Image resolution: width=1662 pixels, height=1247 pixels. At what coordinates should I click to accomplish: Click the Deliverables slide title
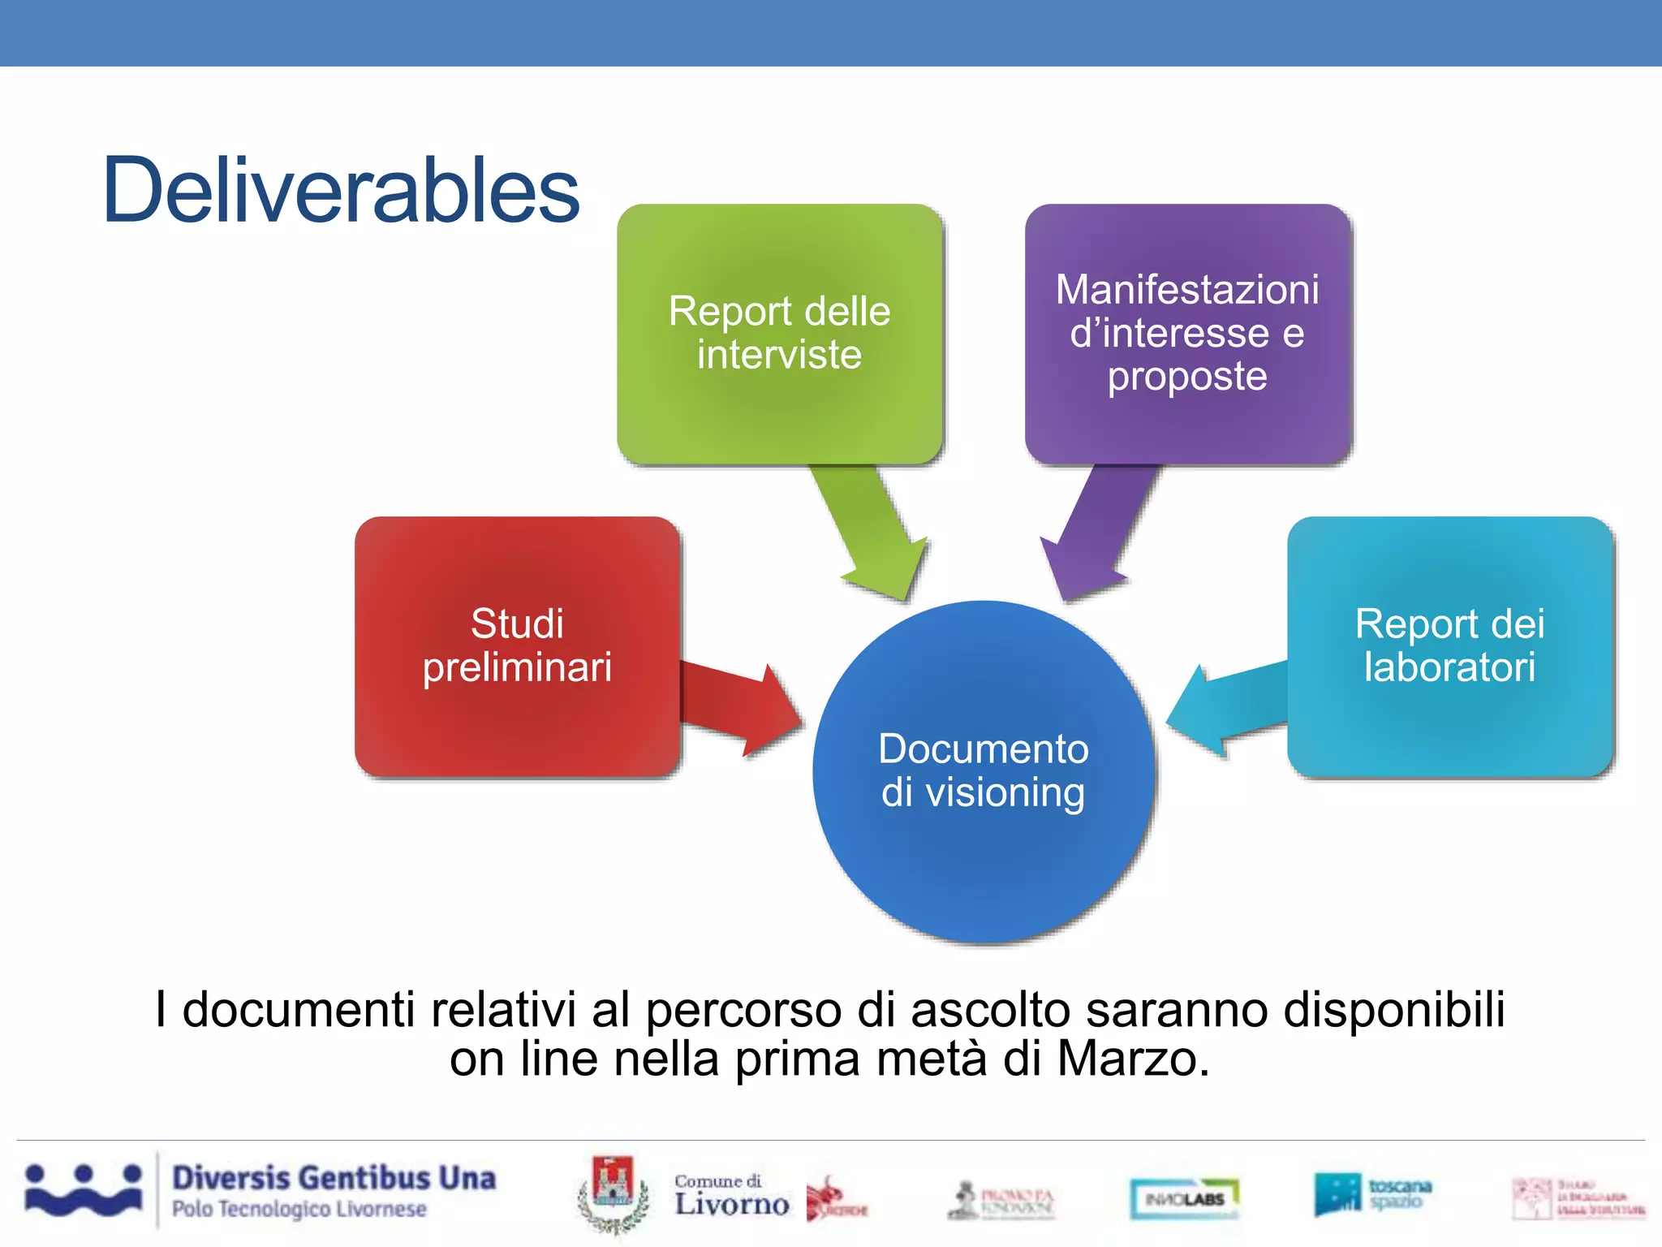pos(341,191)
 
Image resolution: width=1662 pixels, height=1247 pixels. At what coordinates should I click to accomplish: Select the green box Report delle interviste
pos(779,333)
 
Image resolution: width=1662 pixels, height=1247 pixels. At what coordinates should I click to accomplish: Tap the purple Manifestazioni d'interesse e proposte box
pos(1187,333)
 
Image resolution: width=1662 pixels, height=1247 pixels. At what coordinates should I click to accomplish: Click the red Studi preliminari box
pos(517,645)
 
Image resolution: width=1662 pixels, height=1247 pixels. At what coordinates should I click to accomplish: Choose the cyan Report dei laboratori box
pos(1449,645)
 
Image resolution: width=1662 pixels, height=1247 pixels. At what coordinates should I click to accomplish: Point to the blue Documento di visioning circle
pos(984,771)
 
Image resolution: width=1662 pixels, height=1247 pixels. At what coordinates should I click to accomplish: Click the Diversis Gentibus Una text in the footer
pos(334,1178)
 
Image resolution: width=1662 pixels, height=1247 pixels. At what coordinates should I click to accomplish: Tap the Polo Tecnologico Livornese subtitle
pos(299,1209)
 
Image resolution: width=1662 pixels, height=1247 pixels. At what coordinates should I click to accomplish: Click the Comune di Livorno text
pos(730,1195)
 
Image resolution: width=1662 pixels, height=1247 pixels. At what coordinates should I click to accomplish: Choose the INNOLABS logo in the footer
pos(1185,1198)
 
